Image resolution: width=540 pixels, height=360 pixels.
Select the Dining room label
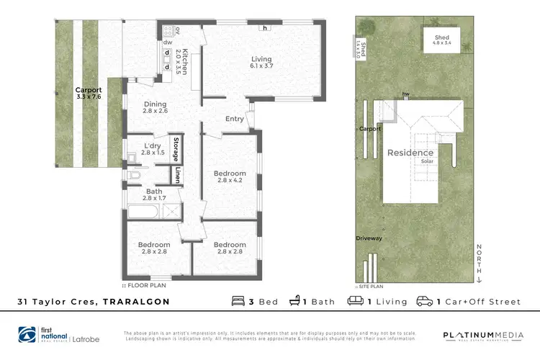(155, 104)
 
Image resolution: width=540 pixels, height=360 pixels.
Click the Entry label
(235, 119)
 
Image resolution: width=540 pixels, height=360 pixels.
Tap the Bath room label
(154, 191)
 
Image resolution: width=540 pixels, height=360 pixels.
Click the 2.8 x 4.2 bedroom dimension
(230, 181)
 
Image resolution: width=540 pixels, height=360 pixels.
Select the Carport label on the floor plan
(89, 91)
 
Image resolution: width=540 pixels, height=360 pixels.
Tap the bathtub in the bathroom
(144, 212)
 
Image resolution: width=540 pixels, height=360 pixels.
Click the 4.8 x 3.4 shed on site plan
(441, 41)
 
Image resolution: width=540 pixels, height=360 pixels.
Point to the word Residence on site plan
(410, 153)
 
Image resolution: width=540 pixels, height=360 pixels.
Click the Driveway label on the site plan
(368, 238)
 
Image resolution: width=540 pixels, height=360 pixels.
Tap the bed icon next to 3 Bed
(238, 301)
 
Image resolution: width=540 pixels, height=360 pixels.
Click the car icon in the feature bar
(425, 301)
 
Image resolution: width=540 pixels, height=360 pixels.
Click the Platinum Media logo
(477, 336)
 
